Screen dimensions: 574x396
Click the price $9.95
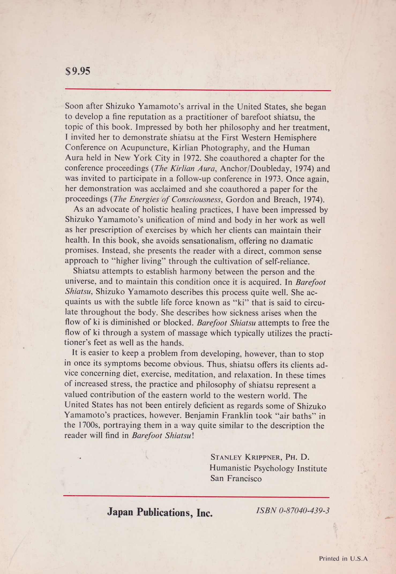coord(78,71)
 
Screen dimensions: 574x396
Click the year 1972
coord(189,158)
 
